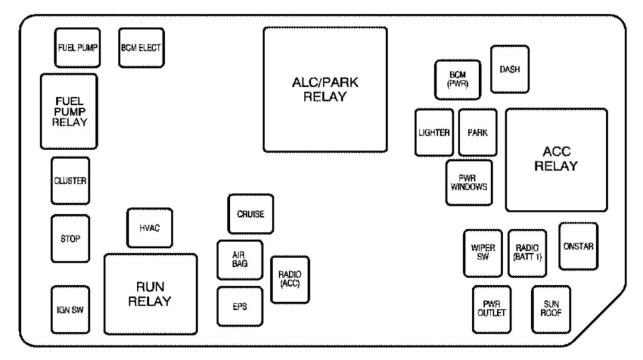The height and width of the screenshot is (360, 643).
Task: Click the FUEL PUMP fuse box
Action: click(x=77, y=48)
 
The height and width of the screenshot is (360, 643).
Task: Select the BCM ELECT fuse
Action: click(x=141, y=48)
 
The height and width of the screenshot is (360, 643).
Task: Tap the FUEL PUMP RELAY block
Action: click(x=69, y=112)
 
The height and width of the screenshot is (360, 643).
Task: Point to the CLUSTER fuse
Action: click(x=70, y=181)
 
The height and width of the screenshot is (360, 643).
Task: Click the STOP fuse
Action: click(x=70, y=239)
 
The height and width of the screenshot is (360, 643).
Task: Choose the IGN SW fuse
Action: click(x=70, y=310)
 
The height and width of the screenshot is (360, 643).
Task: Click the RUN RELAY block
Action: click(x=150, y=294)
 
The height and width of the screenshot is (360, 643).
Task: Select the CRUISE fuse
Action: click(x=251, y=214)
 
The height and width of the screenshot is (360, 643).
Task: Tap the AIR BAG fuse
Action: click(x=239, y=259)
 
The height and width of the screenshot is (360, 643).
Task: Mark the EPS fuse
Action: click(x=239, y=307)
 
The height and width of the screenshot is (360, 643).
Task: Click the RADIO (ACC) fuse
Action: click(x=289, y=280)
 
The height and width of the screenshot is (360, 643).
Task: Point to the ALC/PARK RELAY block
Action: click(x=325, y=89)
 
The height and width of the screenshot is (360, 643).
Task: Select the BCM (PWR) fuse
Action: click(x=458, y=80)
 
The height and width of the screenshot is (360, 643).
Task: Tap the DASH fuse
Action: click(x=509, y=69)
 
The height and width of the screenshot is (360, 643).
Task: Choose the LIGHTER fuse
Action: click(x=434, y=133)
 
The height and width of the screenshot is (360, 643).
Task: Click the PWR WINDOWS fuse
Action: click(x=468, y=183)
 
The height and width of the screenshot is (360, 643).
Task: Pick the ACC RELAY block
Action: click(x=556, y=160)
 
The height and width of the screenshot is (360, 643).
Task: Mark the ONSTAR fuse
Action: click(x=578, y=246)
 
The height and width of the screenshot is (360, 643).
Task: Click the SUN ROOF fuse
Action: click(x=551, y=309)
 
